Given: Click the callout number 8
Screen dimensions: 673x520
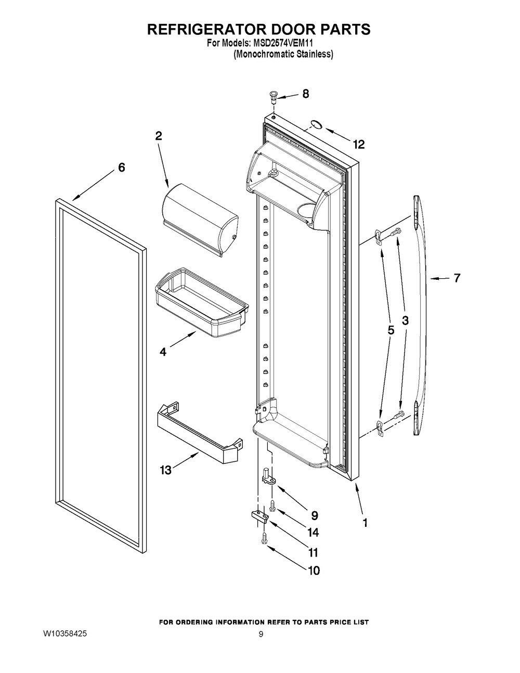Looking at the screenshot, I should (x=305, y=94).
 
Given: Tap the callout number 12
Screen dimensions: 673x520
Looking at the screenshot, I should (x=358, y=145).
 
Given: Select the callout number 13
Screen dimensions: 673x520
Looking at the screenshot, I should (x=165, y=470).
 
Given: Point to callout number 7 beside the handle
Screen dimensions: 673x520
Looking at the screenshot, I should (x=457, y=278).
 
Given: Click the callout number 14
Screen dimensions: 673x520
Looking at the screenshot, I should (x=313, y=533).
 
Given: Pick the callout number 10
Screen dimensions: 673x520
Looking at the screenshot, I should (x=313, y=571).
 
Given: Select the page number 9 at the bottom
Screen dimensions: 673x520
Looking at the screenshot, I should (x=262, y=635).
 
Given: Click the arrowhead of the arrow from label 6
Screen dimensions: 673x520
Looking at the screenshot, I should (x=74, y=198).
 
